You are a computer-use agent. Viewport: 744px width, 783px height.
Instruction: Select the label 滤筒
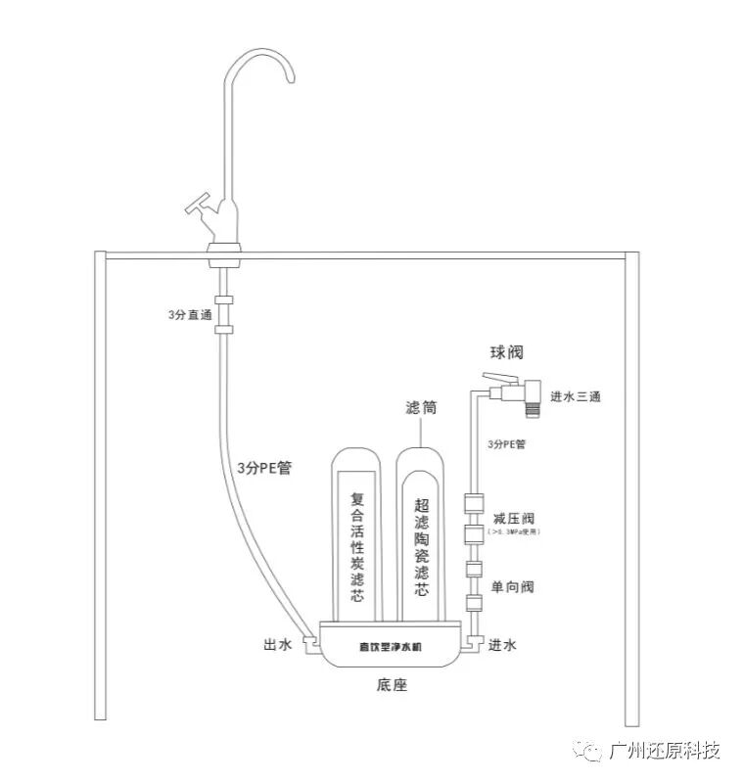click(x=421, y=407)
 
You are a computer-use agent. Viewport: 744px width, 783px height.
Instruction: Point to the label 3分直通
click(x=189, y=315)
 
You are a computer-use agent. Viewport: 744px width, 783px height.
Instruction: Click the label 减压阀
click(x=512, y=518)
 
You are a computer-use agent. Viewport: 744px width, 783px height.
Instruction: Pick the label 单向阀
click(x=512, y=587)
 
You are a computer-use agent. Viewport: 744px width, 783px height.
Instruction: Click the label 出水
click(x=277, y=645)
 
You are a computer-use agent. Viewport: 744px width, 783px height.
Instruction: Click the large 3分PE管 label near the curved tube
click(x=264, y=468)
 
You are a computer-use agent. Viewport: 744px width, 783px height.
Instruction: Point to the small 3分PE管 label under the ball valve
click(x=506, y=444)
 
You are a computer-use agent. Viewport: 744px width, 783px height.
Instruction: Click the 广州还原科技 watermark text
click(x=665, y=752)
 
